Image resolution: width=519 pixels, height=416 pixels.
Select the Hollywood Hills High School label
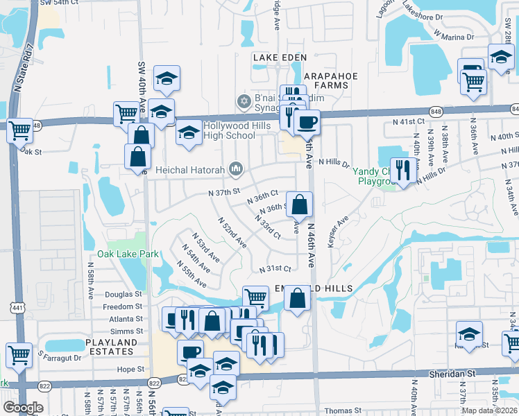tap(231, 130)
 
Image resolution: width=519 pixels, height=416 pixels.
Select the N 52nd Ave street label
tap(232, 233)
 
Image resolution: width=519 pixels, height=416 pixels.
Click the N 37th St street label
tap(224, 192)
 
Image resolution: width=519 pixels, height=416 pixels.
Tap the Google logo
tap(22, 407)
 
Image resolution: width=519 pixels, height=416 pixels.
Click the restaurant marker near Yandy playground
tap(402, 168)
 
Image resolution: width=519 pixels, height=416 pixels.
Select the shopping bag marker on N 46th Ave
tap(299, 204)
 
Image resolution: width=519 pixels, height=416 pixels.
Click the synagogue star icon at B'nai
tap(243, 102)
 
